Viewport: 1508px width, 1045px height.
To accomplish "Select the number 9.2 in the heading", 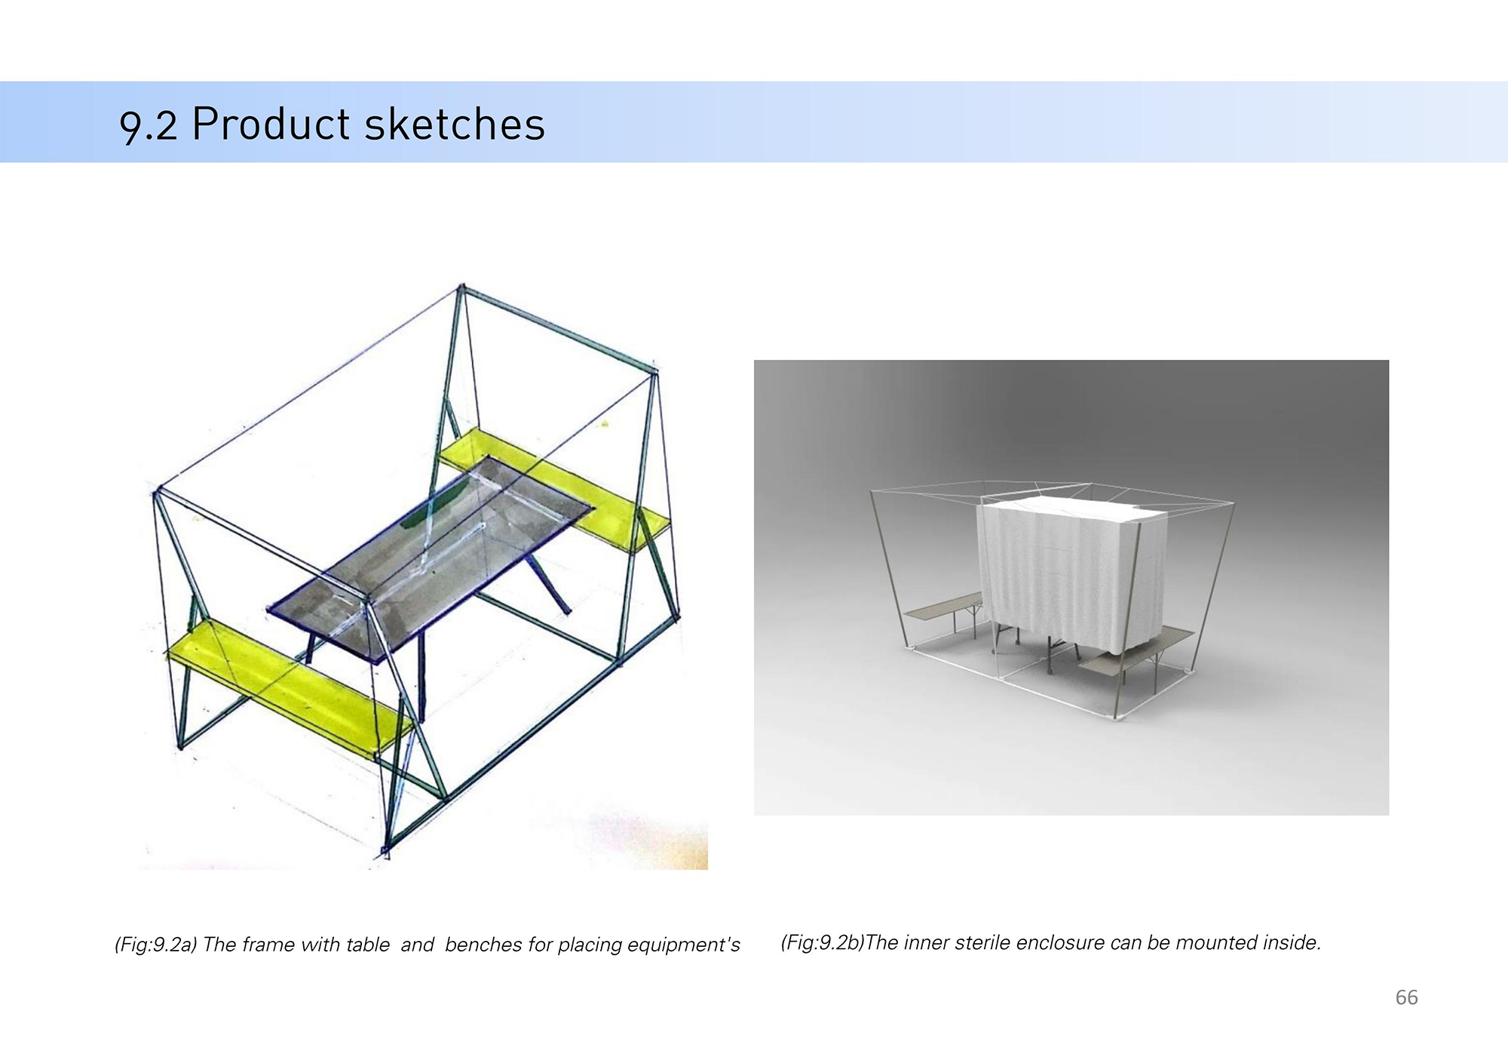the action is point(149,127).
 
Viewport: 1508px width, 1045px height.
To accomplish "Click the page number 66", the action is point(1406,997).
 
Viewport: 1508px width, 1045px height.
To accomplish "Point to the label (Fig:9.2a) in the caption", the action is point(156,945).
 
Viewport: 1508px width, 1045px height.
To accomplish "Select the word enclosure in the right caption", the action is point(1059,942).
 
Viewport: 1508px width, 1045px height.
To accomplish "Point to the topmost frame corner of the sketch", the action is point(461,287).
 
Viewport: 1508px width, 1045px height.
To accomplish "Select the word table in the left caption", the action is point(369,945).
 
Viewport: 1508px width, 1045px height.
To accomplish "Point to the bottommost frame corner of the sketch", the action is point(385,853).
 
